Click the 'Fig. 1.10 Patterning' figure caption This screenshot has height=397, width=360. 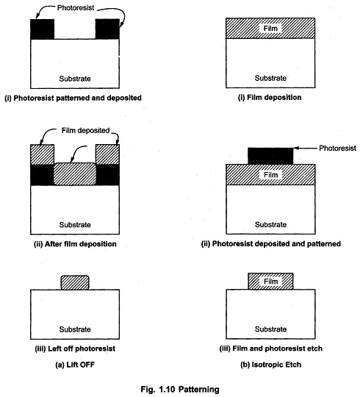pos(180,389)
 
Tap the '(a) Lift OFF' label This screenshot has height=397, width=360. pos(75,365)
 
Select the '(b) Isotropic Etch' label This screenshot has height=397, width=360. pos(270,365)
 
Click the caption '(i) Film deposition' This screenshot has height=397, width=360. pos(270,98)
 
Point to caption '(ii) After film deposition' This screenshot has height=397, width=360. pos(75,244)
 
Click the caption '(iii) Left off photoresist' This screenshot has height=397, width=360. pos(75,348)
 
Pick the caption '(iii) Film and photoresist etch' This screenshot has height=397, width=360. pos(270,348)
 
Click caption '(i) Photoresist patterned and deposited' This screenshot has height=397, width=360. pos(73,98)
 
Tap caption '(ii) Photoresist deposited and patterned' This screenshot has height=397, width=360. pos(270,244)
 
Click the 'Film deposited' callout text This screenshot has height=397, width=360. pos(85,131)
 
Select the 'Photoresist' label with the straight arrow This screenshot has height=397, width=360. pos(337,148)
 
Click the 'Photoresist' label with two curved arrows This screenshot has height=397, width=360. pos(76,8)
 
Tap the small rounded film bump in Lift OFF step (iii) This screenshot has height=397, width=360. pos(75,282)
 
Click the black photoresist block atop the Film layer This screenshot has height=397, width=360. pos(270,156)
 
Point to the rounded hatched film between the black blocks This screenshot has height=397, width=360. pos(75,174)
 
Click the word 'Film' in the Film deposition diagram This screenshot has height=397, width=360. pos(270,29)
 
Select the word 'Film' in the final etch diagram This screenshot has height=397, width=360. pos(270,282)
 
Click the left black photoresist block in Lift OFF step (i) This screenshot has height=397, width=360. pos(43,29)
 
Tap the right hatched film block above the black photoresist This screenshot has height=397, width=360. pos(107,154)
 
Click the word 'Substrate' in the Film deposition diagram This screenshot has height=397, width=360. pos(270,78)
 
